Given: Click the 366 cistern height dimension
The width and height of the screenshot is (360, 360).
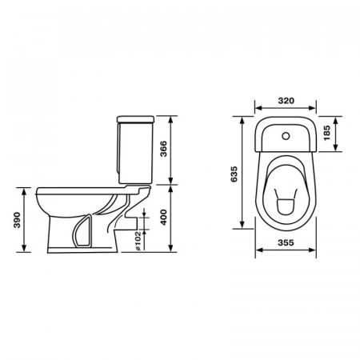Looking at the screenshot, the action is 163,149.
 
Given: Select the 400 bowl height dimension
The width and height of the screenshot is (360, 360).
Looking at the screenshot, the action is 163,218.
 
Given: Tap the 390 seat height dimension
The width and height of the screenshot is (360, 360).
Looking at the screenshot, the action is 17,220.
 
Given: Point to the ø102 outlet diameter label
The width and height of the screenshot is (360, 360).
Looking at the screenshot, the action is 138,241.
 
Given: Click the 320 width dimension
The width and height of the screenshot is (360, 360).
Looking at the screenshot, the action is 286,101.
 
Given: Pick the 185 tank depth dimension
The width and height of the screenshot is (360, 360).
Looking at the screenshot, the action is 326,133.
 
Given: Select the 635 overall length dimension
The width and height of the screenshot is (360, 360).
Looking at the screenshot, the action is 234,174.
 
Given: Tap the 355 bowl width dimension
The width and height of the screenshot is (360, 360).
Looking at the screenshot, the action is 286,242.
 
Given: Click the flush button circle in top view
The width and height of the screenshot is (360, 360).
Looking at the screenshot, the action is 286,136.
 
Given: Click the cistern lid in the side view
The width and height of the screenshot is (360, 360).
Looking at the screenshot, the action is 136,119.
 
